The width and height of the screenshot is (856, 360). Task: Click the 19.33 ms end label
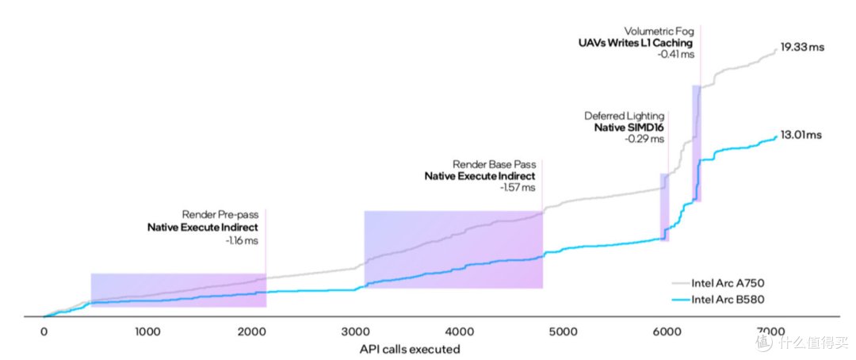[802, 48]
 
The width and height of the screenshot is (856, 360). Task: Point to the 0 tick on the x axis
[44, 331]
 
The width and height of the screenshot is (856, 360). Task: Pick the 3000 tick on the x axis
[355, 331]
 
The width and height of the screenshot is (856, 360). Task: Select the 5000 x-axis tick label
[564, 331]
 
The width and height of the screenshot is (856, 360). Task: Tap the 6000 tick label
[667, 331]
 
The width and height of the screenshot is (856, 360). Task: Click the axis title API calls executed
[410, 349]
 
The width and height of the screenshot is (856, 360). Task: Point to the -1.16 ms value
[242, 240]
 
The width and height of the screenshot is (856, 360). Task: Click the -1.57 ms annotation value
[518, 187]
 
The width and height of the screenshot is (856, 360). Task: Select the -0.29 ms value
[647, 139]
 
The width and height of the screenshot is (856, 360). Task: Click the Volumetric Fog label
[667, 31]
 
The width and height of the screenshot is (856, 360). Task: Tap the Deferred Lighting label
[625, 116]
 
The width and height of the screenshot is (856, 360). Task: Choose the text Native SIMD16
[629, 128]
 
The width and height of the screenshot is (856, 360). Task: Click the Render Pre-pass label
[220, 215]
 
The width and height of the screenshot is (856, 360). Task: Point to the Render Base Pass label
[494, 164]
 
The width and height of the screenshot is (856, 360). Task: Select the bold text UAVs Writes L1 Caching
[636, 43]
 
